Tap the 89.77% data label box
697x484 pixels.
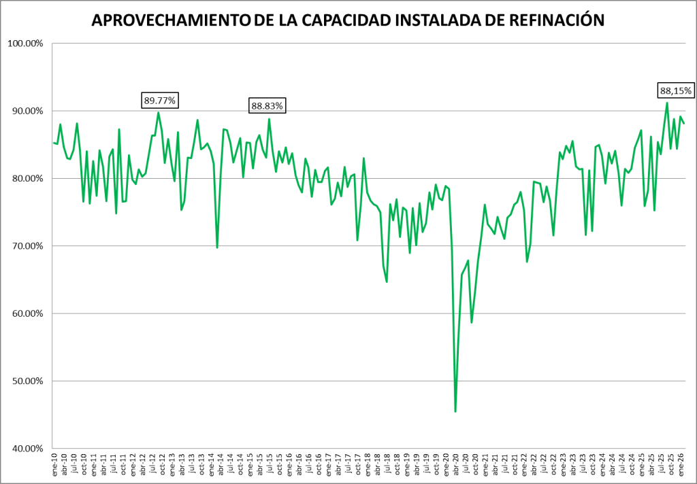pyautogui.click(x=160, y=101)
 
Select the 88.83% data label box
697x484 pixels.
pyautogui.click(x=268, y=106)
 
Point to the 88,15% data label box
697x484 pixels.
pyautogui.click(x=675, y=90)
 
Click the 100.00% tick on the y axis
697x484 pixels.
pyautogui.click(x=25, y=44)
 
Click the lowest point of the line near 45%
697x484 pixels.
pyautogui.click(x=455, y=411)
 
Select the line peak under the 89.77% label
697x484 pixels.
pyautogui.click(x=159, y=112)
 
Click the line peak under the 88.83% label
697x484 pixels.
pyautogui.click(x=269, y=119)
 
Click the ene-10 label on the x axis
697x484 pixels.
pyautogui.click(x=55, y=465)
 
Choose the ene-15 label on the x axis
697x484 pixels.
pyautogui.click(x=250, y=465)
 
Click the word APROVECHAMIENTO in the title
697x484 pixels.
pyautogui.click(x=169, y=21)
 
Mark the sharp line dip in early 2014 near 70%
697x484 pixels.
pyautogui.click(x=217, y=247)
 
